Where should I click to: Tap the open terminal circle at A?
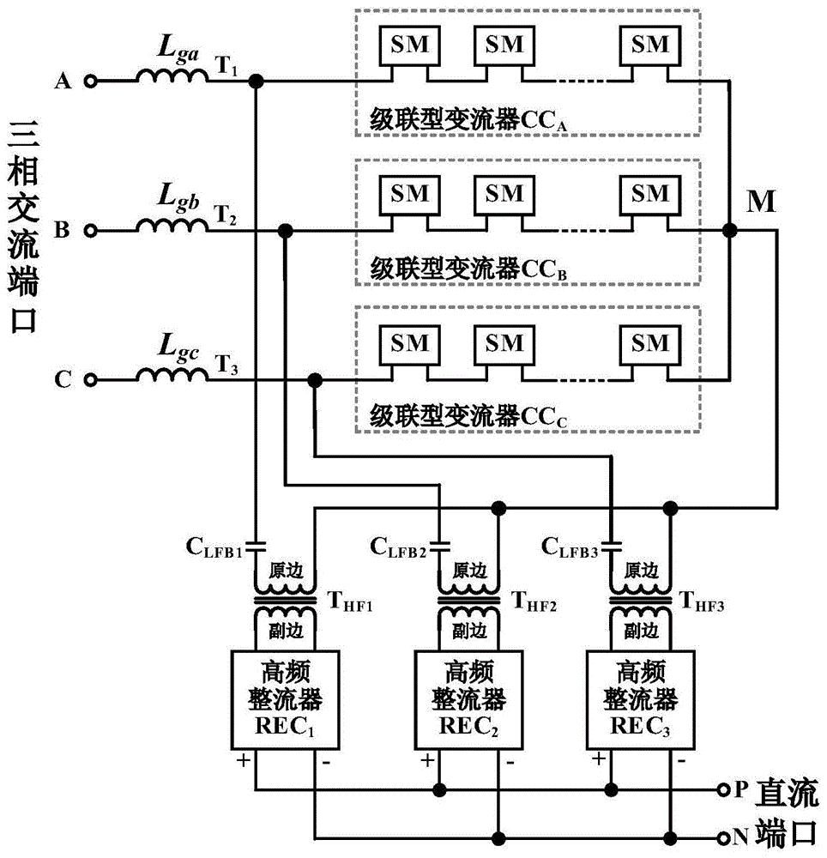coord(90,82)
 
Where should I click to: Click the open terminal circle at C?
coord(90,379)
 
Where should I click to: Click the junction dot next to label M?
coord(730,230)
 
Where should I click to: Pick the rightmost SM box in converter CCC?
coord(649,343)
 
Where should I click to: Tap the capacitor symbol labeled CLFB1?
coord(256,543)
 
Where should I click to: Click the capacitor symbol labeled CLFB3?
coord(611,543)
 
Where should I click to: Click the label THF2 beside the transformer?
coord(532,606)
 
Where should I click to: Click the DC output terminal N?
coord(726,836)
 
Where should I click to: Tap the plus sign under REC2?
coord(426,759)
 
